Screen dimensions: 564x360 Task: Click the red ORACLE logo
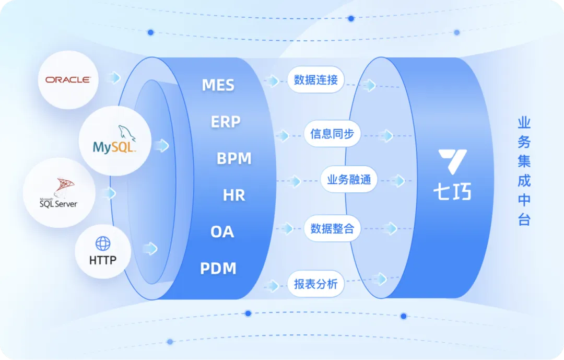tap(68, 79)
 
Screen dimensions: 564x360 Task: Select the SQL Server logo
tap(58, 193)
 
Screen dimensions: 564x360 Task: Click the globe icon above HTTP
tap(103, 243)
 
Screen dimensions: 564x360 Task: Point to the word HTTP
tap(103, 260)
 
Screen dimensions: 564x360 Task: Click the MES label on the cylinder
tap(218, 85)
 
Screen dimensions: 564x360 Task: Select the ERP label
tap(226, 122)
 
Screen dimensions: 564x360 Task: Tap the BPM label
tap(234, 158)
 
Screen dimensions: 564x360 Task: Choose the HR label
tap(234, 195)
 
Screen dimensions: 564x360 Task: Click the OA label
tap(222, 232)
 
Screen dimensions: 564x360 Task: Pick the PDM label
tap(218, 269)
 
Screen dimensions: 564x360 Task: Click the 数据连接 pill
tap(316, 79)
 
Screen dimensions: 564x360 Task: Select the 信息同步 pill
tap(332, 134)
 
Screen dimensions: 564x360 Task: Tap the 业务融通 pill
tap(349, 179)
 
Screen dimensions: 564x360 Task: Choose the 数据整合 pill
tap(332, 228)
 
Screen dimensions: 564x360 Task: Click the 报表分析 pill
tap(316, 284)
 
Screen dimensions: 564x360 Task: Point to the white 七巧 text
tap(452, 191)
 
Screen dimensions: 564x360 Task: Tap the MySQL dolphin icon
tap(126, 133)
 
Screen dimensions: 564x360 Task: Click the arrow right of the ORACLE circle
tap(114, 78)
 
